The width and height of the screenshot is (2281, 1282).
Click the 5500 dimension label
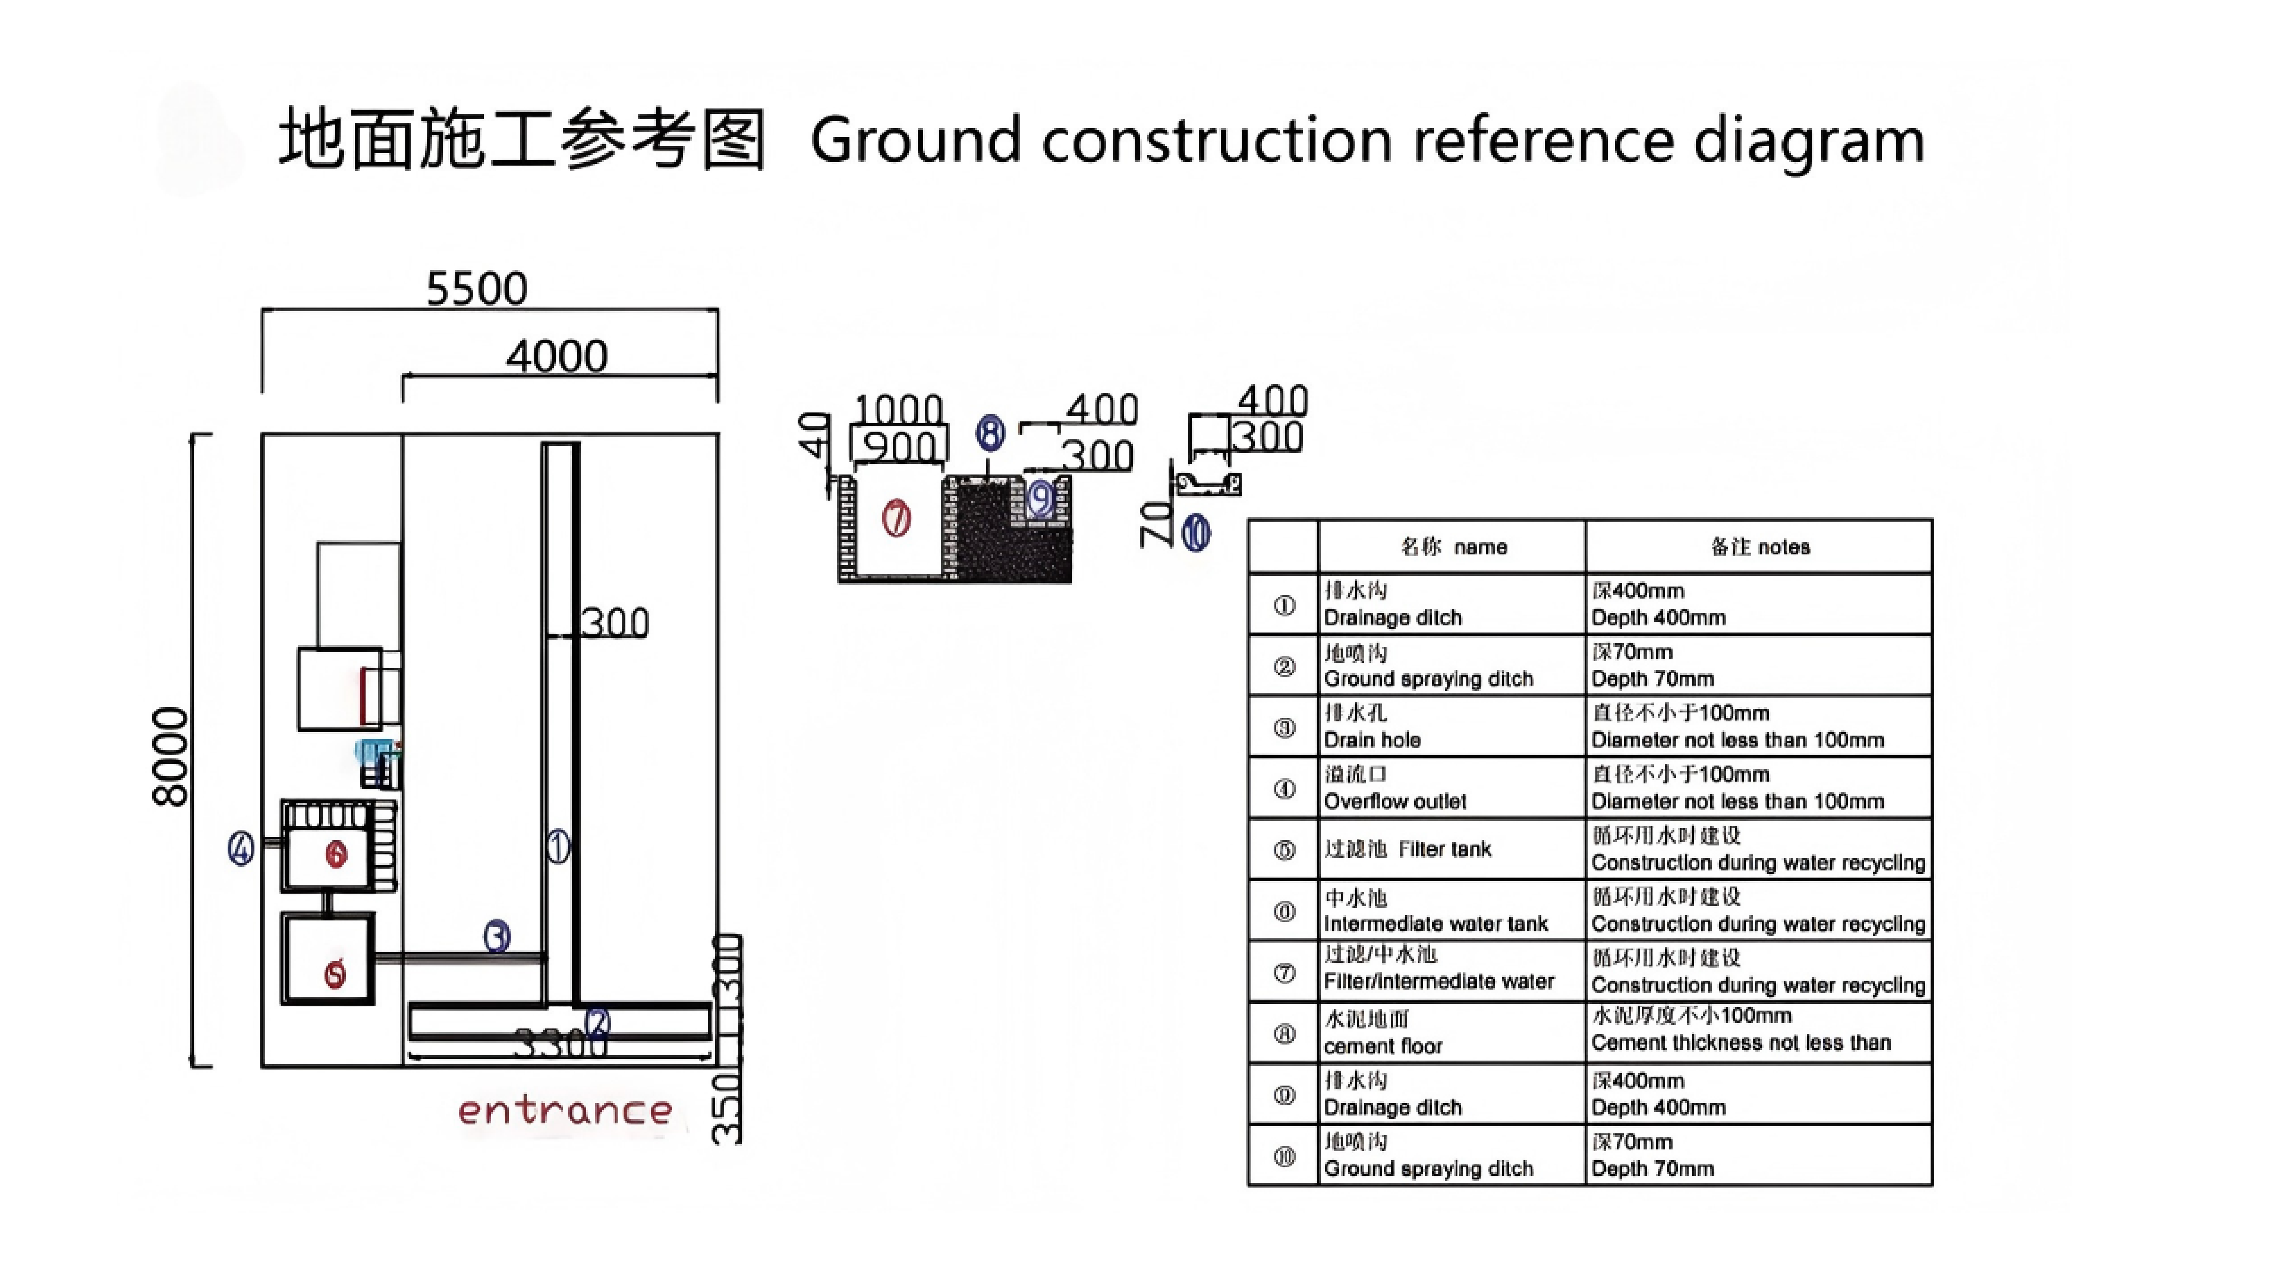pyautogui.click(x=476, y=289)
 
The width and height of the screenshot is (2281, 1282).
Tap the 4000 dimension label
pyautogui.click(x=556, y=357)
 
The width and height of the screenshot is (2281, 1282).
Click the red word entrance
pyautogui.click(x=565, y=1110)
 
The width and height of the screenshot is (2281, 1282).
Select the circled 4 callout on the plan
pyautogui.click(x=241, y=848)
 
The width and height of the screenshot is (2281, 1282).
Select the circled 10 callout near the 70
pyautogui.click(x=1196, y=533)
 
